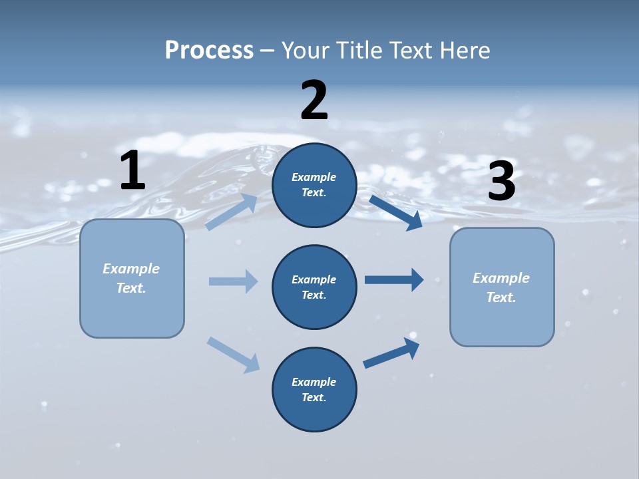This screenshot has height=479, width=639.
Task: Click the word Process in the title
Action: coord(209,50)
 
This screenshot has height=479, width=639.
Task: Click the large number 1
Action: coord(132,170)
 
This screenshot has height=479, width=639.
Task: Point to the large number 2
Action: coord(314,100)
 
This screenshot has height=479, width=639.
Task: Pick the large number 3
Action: coord(501,182)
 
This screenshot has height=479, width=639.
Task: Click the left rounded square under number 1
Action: coord(132,278)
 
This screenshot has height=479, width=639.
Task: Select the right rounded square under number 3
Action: coord(502,287)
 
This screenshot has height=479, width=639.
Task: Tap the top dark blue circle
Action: coord(314,185)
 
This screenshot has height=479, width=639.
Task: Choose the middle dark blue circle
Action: coord(314,287)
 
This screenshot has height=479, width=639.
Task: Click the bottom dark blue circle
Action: coord(314,389)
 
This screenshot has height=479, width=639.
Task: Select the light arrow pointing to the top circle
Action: coord(232,212)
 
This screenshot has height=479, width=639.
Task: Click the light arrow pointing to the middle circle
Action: coord(233,281)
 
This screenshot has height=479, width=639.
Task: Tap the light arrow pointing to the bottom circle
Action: coord(233,355)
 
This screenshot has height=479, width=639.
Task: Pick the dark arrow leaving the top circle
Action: coord(395,212)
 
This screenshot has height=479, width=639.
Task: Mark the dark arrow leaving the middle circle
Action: coord(394,280)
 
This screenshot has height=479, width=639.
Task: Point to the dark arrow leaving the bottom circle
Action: coord(391,353)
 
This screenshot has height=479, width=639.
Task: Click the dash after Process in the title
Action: coord(268,51)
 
